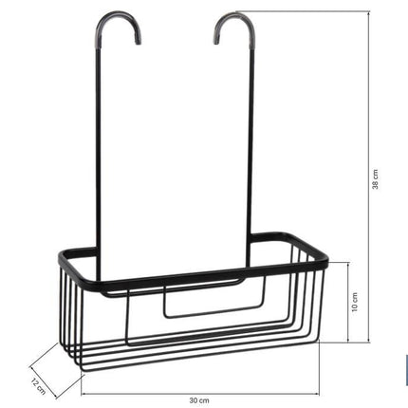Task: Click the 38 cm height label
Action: [x=375, y=179]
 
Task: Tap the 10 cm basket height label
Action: [x=355, y=302]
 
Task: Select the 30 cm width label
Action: [x=199, y=400]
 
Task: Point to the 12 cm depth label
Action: [x=39, y=386]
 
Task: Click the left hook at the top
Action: [x=118, y=16]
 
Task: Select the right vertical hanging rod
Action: [x=251, y=142]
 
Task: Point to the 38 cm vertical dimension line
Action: [x=369, y=176]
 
